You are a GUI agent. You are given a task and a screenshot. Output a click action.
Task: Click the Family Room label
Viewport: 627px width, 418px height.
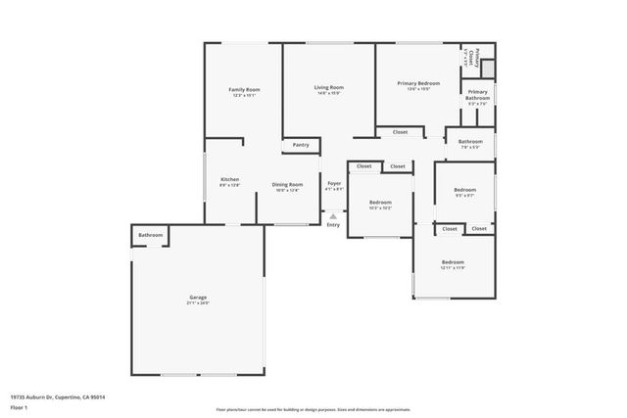click(245, 89)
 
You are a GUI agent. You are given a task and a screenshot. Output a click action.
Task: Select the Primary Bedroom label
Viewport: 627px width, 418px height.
click(418, 84)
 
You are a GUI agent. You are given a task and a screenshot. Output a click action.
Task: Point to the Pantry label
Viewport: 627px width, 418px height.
click(301, 145)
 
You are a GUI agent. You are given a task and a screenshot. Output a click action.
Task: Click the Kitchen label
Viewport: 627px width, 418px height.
click(230, 180)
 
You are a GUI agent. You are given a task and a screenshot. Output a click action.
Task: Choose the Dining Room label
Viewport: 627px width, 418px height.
click(287, 184)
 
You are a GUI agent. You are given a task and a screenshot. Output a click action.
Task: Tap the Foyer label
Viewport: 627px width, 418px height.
click(334, 184)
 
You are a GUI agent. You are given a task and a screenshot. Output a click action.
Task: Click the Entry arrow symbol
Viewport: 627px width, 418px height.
click(333, 216)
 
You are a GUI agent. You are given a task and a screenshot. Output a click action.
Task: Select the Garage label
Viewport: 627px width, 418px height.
click(198, 297)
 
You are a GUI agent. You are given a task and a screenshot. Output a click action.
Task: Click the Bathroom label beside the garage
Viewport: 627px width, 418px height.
click(150, 235)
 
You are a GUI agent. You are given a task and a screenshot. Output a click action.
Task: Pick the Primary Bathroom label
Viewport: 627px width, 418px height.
click(477, 94)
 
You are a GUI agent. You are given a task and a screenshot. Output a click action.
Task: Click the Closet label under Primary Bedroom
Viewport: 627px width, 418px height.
click(400, 131)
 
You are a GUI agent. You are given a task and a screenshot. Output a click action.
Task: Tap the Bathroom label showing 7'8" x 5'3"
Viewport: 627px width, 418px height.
click(468, 143)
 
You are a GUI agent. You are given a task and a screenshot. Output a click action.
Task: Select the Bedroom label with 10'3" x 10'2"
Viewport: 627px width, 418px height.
click(381, 204)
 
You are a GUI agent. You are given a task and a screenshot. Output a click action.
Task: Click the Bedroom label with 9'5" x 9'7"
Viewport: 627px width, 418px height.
click(464, 190)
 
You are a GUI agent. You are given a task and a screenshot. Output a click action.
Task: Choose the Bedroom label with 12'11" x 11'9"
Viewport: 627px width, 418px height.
click(452, 262)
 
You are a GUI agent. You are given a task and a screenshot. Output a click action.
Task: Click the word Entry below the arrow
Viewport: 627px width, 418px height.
click(334, 225)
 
